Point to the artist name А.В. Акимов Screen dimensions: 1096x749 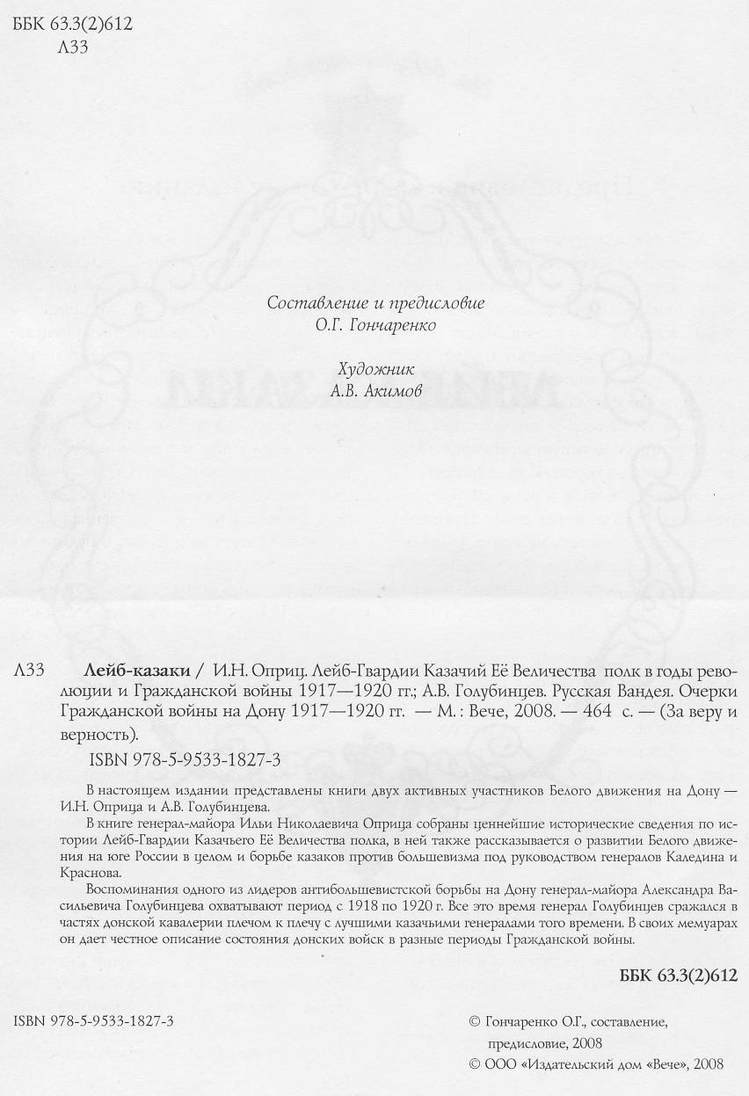point(376,391)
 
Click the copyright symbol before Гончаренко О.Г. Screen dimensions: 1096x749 point(476,1021)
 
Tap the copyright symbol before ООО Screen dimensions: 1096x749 point(476,1063)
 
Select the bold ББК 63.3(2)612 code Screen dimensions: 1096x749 point(679,976)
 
